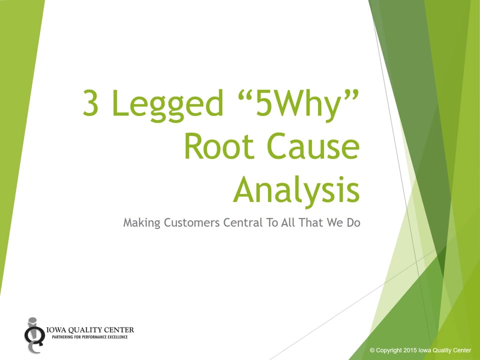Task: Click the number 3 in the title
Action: pyautogui.click(x=91, y=103)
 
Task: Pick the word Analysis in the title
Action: pyautogui.click(x=296, y=191)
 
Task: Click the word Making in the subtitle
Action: pyautogui.click(x=141, y=223)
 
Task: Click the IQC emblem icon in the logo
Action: pyautogui.click(x=33, y=333)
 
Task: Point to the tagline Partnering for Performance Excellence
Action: pyautogui.click(x=90, y=337)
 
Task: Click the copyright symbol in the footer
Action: pyautogui.click(x=372, y=350)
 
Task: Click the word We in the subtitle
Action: pyautogui.click(x=335, y=223)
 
